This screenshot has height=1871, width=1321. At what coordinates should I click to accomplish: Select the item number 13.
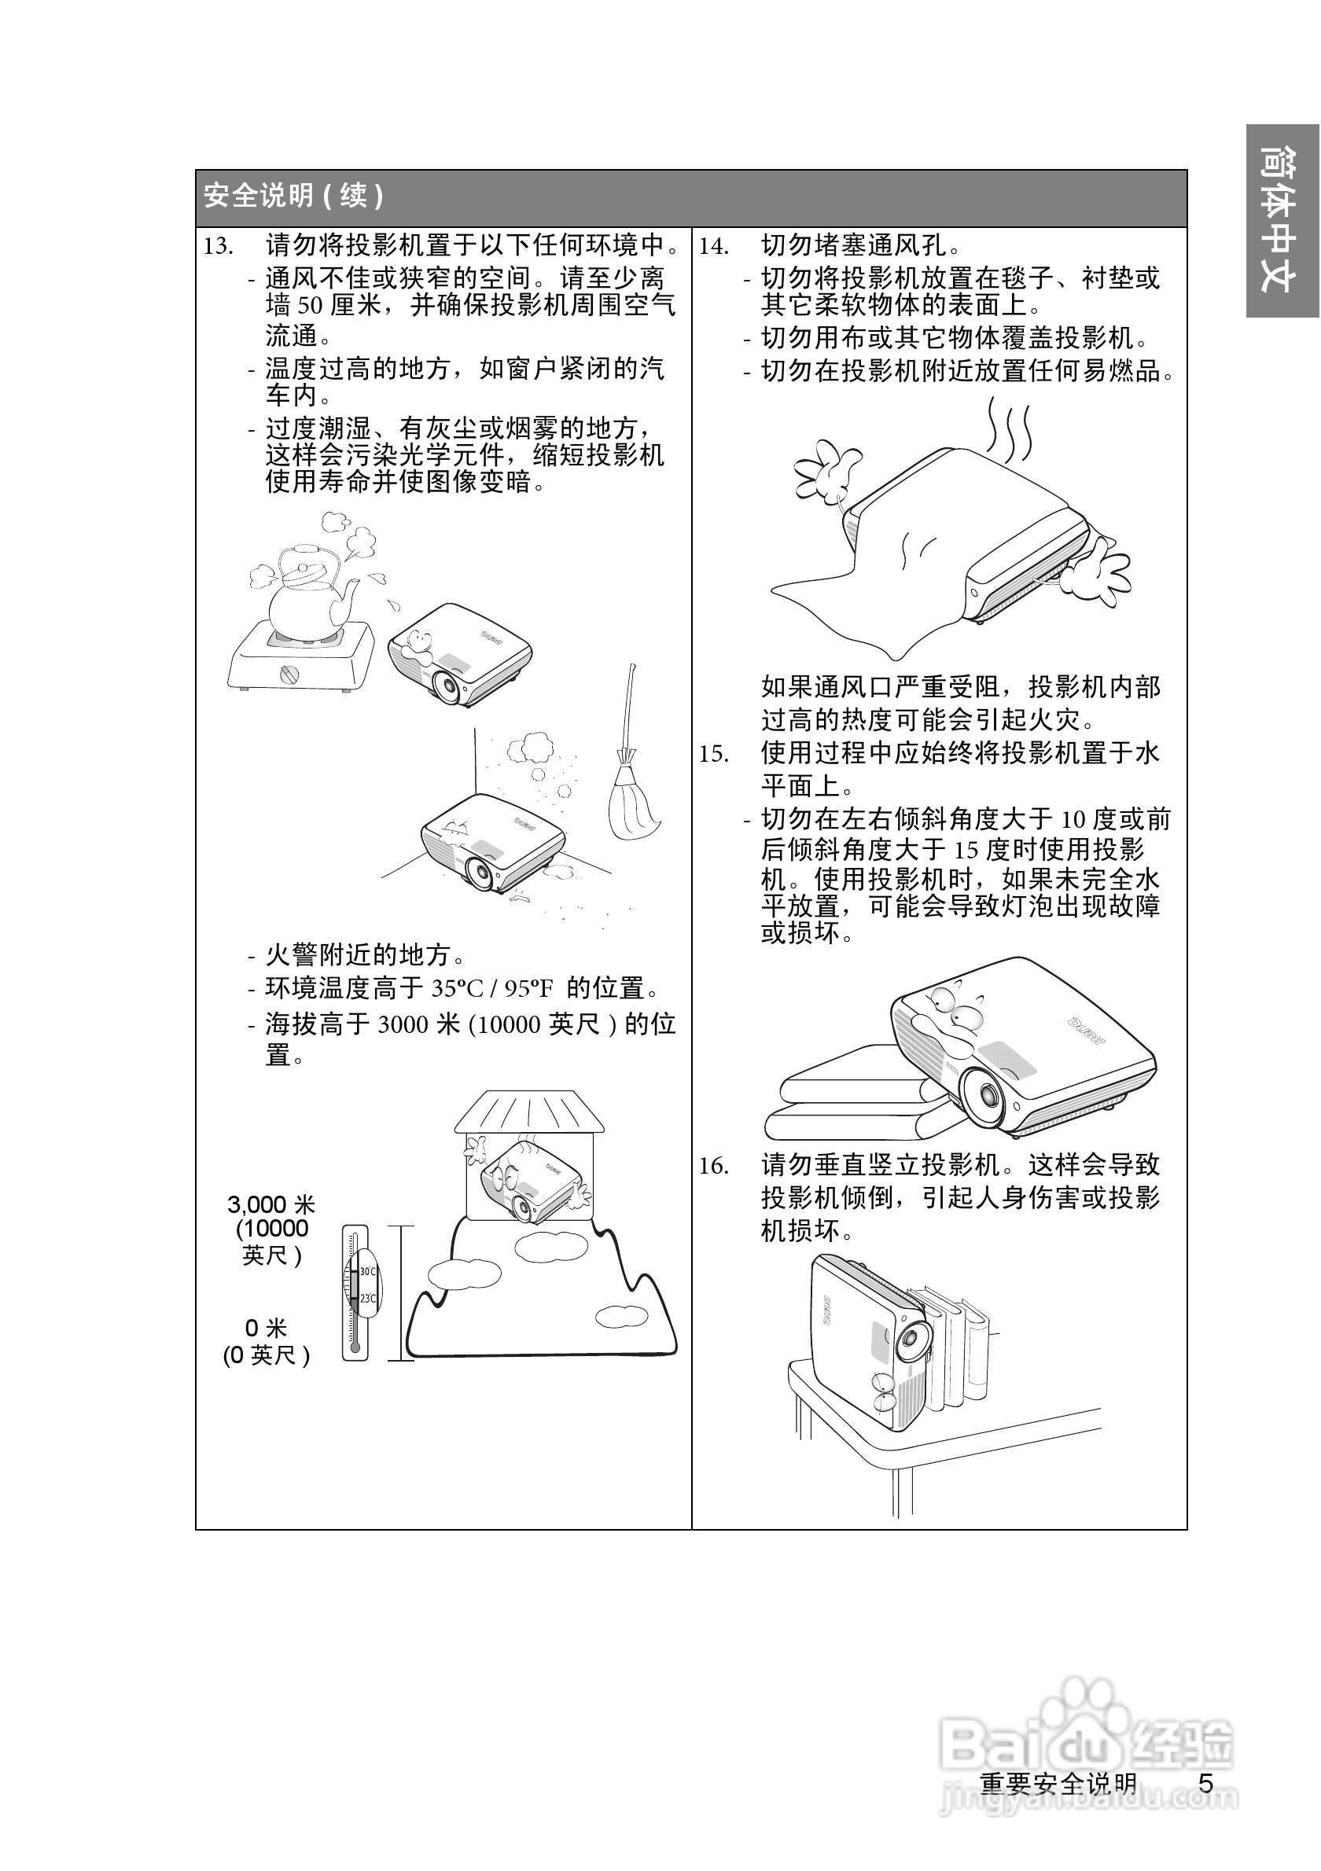[x=219, y=246]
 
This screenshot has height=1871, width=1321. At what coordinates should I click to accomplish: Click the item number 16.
[x=713, y=1166]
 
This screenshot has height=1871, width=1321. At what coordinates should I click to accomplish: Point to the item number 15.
[x=713, y=754]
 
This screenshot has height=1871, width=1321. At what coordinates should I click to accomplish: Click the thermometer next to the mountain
[x=355, y=1292]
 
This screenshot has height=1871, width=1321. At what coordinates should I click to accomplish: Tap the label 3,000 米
[x=270, y=1205]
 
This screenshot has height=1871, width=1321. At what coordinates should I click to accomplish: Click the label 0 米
[x=267, y=1329]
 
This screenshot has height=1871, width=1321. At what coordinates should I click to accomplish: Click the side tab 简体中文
[x=1281, y=220]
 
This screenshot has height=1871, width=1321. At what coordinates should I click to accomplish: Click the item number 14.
[x=713, y=246]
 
